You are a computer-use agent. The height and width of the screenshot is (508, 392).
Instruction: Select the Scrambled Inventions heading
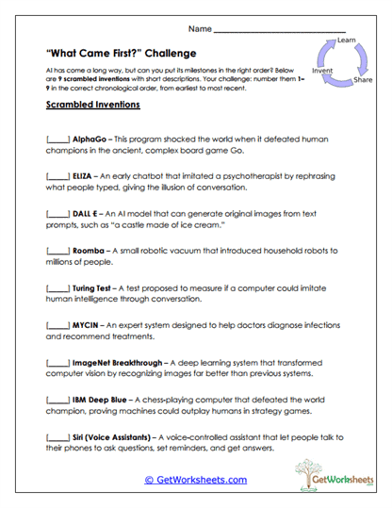tap(87, 106)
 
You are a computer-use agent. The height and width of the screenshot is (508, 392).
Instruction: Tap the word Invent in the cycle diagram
tap(321, 71)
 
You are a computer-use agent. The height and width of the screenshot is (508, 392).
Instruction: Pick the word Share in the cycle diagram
tap(362, 81)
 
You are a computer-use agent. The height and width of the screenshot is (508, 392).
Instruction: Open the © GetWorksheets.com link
tap(195, 479)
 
